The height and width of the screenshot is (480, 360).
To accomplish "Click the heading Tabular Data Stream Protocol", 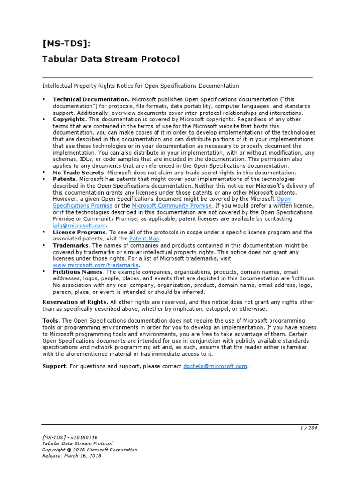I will (111, 59).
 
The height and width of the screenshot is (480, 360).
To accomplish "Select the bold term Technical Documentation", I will (91, 99).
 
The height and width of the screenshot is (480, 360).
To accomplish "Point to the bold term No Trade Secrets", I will (78, 172).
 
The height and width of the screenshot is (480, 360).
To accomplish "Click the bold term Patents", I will (64, 179).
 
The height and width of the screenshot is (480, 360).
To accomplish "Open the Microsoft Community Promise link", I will (172, 206).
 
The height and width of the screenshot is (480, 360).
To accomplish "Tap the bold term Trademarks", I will (71, 245).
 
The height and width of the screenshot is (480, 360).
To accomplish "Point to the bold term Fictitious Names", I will (78, 271).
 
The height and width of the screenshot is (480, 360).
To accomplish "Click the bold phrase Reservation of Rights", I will (75, 301).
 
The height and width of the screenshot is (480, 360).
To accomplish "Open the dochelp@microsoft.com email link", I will (215, 366).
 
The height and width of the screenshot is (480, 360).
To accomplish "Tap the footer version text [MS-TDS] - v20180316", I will (70, 437).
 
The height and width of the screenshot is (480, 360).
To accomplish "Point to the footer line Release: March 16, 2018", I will (72, 455).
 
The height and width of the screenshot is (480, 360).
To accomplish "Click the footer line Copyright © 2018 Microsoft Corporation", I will (90, 449).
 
